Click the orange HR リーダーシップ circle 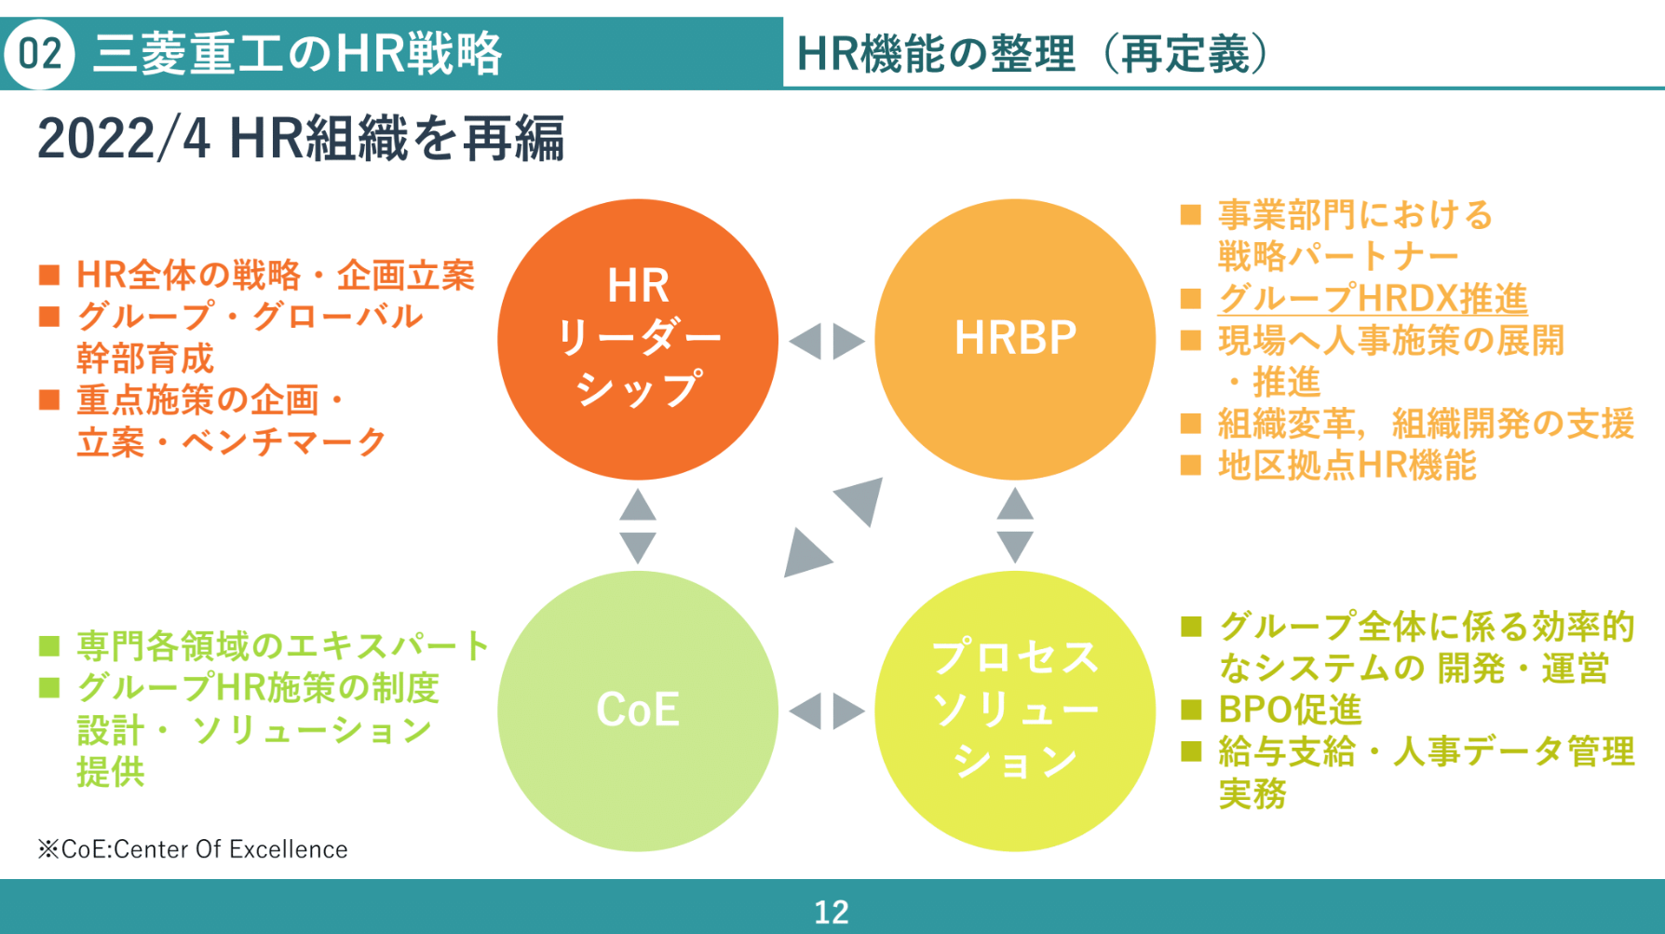(638, 339)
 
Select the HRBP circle (1015, 339)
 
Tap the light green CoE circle (638, 711)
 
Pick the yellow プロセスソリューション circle (1015, 711)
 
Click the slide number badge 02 (39, 54)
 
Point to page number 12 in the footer (832, 912)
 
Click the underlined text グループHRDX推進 (1372, 299)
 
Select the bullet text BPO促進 (1290, 710)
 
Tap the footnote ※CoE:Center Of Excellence (193, 849)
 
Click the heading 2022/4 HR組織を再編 (300, 140)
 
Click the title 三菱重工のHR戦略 (298, 54)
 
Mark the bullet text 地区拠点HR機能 (1347, 465)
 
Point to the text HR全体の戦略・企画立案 (276, 275)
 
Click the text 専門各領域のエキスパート (283, 645)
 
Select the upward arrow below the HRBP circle (1015, 506)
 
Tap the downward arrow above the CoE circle (638, 546)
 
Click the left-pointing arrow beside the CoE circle (806, 711)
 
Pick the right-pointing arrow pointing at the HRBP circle (847, 341)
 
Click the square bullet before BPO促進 (1191, 710)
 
